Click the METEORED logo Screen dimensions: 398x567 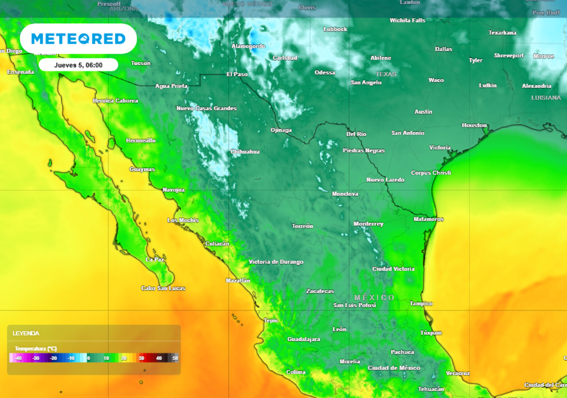[78, 39]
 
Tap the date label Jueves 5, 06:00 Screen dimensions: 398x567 [78, 65]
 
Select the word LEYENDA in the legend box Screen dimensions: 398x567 [26, 333]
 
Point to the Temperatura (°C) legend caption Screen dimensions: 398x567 [36, 349]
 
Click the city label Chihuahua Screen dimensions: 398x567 [245, 151]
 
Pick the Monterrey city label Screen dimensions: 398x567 [368, 224]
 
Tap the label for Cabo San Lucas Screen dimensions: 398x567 [163, 289]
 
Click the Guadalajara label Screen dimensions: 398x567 [303, 339]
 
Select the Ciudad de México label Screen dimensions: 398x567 [394, 368]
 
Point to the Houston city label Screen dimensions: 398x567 [475, 125]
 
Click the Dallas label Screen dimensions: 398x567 [444, 49]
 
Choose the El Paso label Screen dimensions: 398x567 [237, 74]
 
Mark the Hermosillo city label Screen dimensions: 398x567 [141, 141]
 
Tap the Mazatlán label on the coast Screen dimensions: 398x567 [238, 281]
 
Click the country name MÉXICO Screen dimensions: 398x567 [375, 297]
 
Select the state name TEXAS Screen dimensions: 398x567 [386, 74]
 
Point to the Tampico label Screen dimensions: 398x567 [421, 304]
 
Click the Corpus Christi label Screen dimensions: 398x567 [431, 173]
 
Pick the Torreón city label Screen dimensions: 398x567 [302, 226]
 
